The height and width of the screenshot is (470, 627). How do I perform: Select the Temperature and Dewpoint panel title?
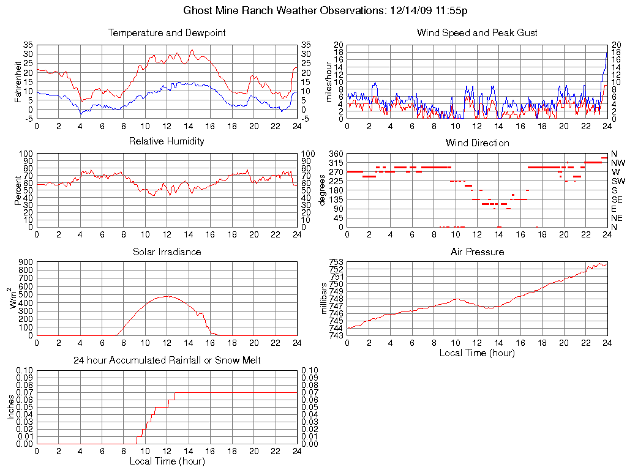(167, 33)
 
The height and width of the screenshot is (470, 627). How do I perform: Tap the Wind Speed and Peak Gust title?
(477, 33)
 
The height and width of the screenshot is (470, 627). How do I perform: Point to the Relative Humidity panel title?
(167, 141)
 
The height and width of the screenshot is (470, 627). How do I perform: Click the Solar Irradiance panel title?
(167, 252)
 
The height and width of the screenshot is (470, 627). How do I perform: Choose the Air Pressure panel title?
(477, 252)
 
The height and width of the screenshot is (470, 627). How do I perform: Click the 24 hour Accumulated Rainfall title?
(167, 360)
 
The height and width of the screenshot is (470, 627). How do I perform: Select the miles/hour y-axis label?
(329, 82)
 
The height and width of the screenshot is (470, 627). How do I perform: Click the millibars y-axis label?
(325, 299)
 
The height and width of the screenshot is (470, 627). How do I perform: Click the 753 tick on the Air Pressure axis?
(336, 263)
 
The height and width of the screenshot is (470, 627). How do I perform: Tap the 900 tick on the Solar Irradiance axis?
(26, 263)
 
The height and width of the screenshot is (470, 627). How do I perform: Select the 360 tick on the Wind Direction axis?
(336, 154)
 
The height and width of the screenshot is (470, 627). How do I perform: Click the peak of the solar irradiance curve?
(167, 296)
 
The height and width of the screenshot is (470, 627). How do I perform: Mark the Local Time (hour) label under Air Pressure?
(477, 352)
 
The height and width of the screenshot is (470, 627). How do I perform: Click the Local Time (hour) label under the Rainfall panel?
(167, 461)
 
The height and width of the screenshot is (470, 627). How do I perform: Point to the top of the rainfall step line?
(175, 393)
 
